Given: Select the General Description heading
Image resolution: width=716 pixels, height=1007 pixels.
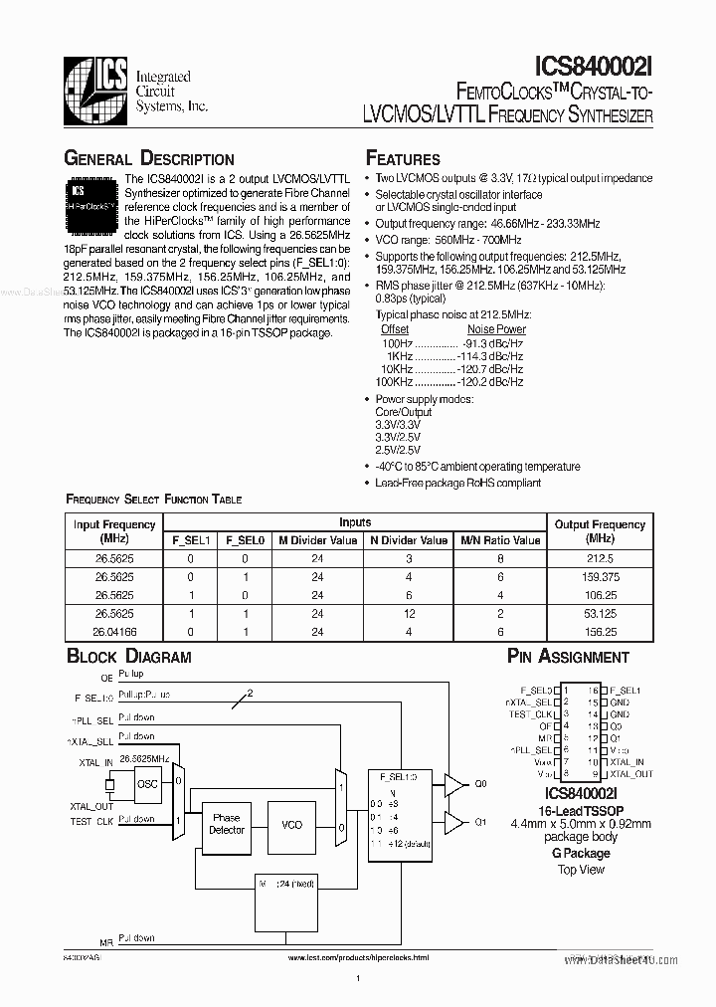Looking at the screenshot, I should tap(149, 159).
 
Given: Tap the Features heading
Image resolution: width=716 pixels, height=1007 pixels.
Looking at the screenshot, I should tap(403, 159).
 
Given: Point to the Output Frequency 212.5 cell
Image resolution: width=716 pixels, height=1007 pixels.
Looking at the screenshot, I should tap(599, 559).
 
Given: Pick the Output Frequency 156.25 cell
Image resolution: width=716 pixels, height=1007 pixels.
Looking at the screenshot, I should tap(599, 631).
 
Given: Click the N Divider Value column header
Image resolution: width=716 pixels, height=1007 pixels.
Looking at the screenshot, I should tap(409, 540).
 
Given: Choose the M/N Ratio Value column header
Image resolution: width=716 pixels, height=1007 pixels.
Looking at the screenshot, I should tap(500, 540).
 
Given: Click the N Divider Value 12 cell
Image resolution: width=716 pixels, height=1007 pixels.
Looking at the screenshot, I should tap(409, 613).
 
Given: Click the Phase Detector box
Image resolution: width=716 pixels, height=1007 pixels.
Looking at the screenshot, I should tap(226, 824).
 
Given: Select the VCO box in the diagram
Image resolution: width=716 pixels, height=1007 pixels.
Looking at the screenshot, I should tap(291, 825).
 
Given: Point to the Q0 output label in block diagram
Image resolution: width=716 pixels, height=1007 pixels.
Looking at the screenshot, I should tap(481, 784).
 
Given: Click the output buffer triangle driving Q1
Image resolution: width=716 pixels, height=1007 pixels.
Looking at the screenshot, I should tap(453, 823).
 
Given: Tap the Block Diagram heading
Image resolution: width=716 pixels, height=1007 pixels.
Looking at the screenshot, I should tap(128, 657).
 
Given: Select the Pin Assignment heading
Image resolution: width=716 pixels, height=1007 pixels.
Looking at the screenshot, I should tap(568, 657).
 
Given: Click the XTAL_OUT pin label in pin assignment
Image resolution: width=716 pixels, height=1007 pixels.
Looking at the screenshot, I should tap(630, 773).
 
